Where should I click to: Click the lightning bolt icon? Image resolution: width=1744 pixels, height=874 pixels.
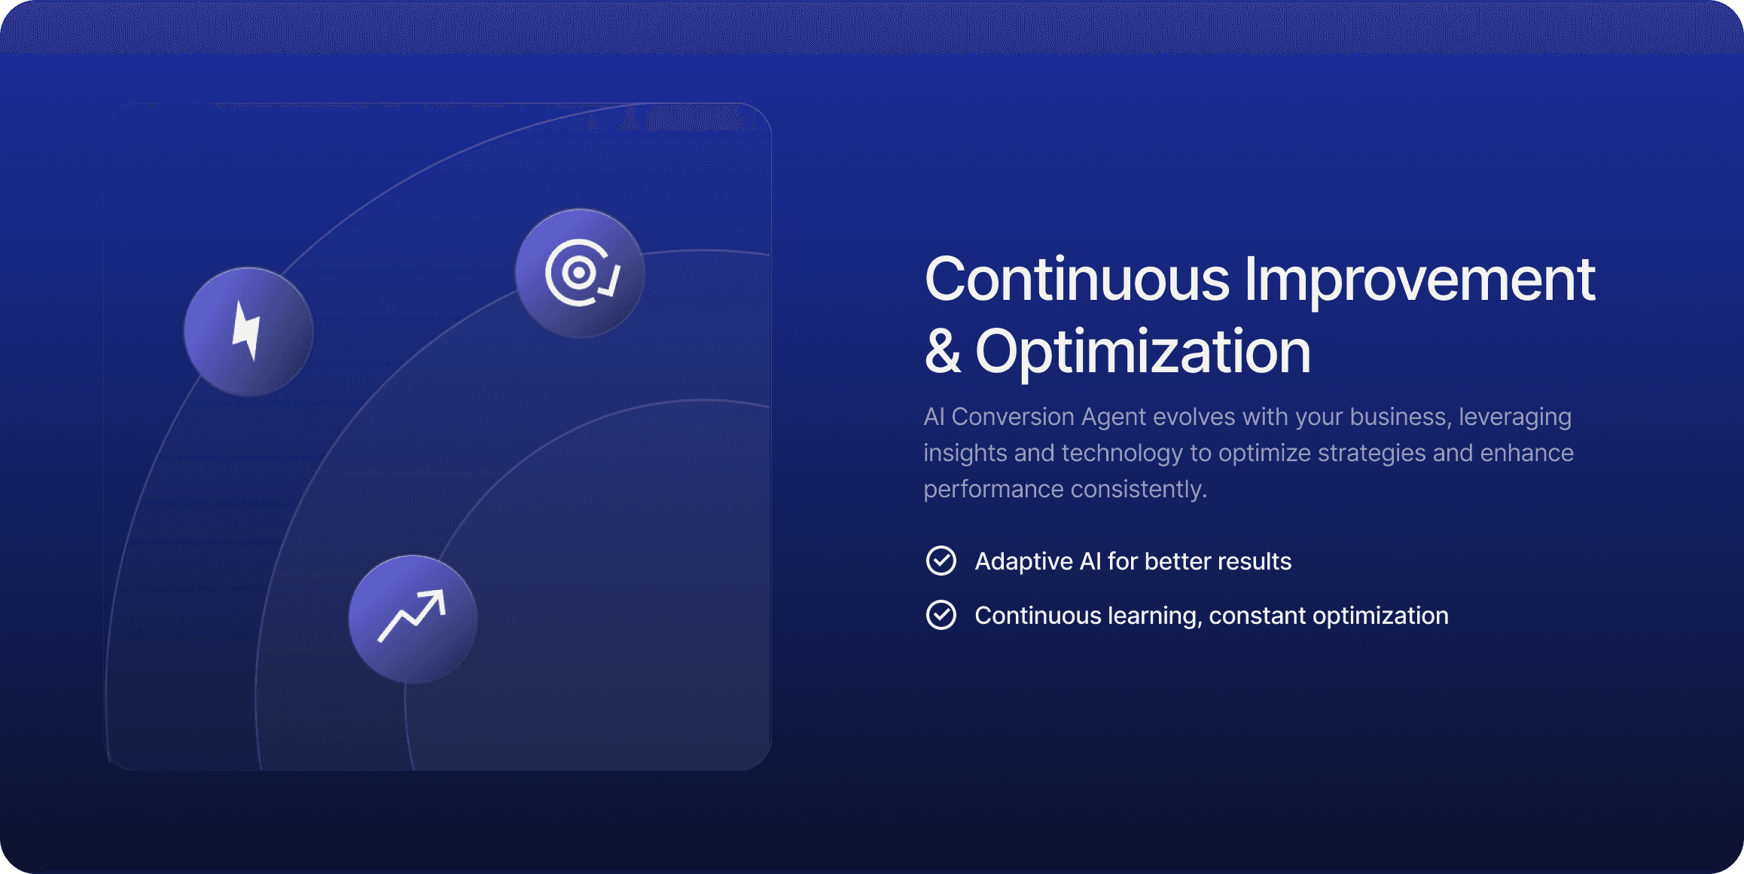247,331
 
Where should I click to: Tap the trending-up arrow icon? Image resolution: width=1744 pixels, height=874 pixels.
412,616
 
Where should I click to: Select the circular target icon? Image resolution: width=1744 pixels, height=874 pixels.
581,273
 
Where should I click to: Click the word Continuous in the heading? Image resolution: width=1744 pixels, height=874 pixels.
1077,280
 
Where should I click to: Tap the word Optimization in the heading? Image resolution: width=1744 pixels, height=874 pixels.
1143,352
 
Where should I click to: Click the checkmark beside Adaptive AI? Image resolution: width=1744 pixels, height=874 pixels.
941,561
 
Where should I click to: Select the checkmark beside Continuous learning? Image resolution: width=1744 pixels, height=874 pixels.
941,615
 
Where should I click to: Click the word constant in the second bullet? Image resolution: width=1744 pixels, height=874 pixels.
1258,616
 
